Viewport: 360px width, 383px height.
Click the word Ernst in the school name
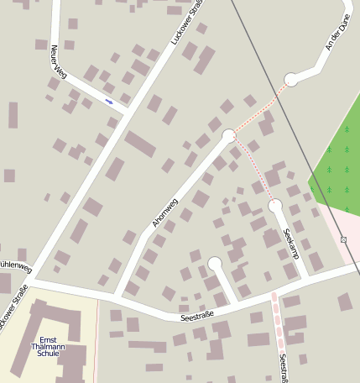tap(49, 338)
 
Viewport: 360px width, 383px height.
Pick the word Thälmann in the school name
tap(48, 346)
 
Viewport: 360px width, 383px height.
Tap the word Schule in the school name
tap(48, 354)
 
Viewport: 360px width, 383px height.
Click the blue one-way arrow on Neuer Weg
tap(109, 102)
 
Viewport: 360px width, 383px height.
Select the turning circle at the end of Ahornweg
tap(228, 135)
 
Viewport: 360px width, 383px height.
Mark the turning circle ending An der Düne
tap(291, 80)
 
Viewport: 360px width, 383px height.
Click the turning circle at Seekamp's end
tap(274, 205)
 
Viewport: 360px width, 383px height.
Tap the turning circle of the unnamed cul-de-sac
tap(215, 264)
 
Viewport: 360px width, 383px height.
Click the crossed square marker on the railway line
tap(343, 239)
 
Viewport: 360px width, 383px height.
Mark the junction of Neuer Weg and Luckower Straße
tap(128, 112)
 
